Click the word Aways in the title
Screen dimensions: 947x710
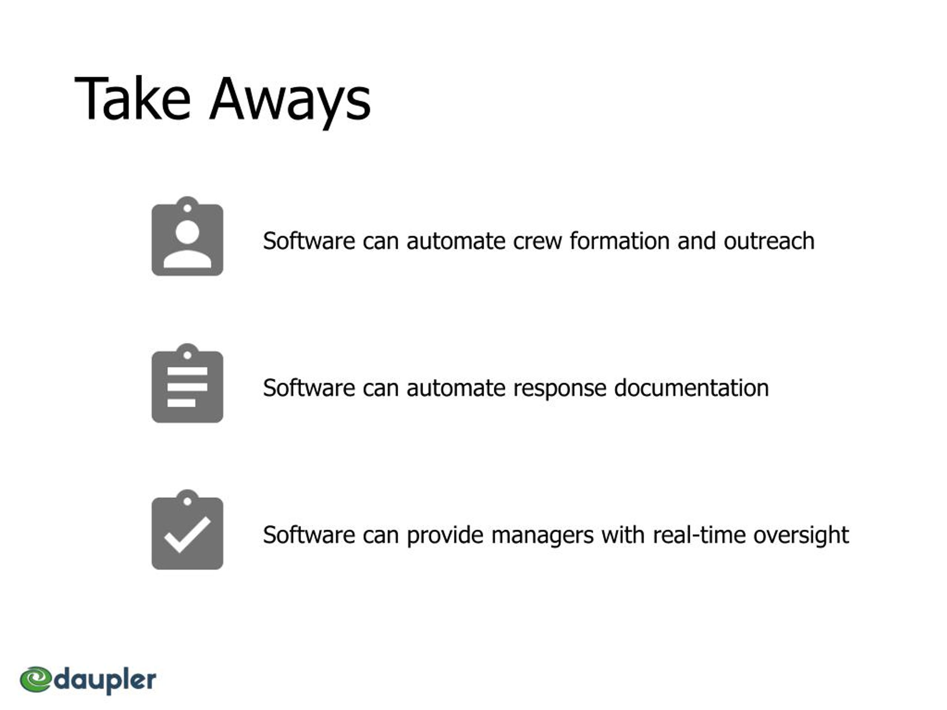tap(290, 103)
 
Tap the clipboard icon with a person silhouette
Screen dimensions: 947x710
tap(188, 236)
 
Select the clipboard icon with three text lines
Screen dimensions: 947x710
tap(188, 383)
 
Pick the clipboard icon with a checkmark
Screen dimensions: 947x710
tap(188, 530)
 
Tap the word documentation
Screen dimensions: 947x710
tap(691, 388)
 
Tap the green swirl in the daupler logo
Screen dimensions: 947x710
tap(36, 679)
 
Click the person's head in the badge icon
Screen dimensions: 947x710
tap(188, 232)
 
